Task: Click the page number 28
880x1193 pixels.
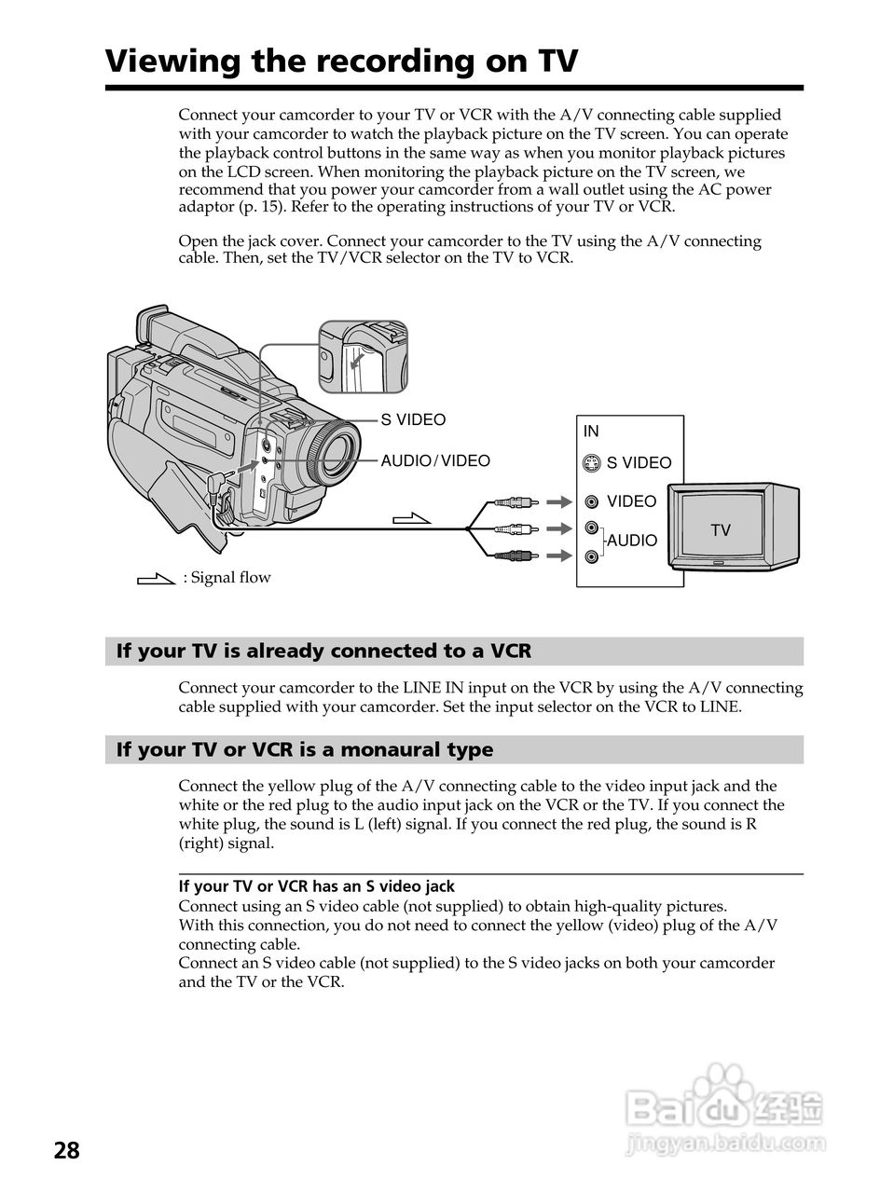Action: [x=67, y=1150]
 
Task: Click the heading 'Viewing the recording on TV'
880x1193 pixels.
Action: [x=341, y=62]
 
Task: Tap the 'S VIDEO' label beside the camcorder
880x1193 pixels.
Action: [x=413, y=419]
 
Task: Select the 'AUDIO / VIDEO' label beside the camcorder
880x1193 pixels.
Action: [x=434, y=460]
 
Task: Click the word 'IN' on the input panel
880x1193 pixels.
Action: [x=591, y=432]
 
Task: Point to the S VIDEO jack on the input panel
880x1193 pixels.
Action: [x=591, y=462]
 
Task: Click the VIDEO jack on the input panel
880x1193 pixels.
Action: [x=592, y=501]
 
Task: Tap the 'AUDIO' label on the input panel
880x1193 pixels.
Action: [x=632, y=541]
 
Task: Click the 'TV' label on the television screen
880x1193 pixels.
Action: [x=721, y=530]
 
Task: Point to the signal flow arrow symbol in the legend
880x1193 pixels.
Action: [x=156, y=579]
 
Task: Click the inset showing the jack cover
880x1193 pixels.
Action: [x=364, y=357]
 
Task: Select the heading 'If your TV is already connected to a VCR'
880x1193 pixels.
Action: [x=323, y=651]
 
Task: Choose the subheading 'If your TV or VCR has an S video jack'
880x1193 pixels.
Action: [x=317, y=886]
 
